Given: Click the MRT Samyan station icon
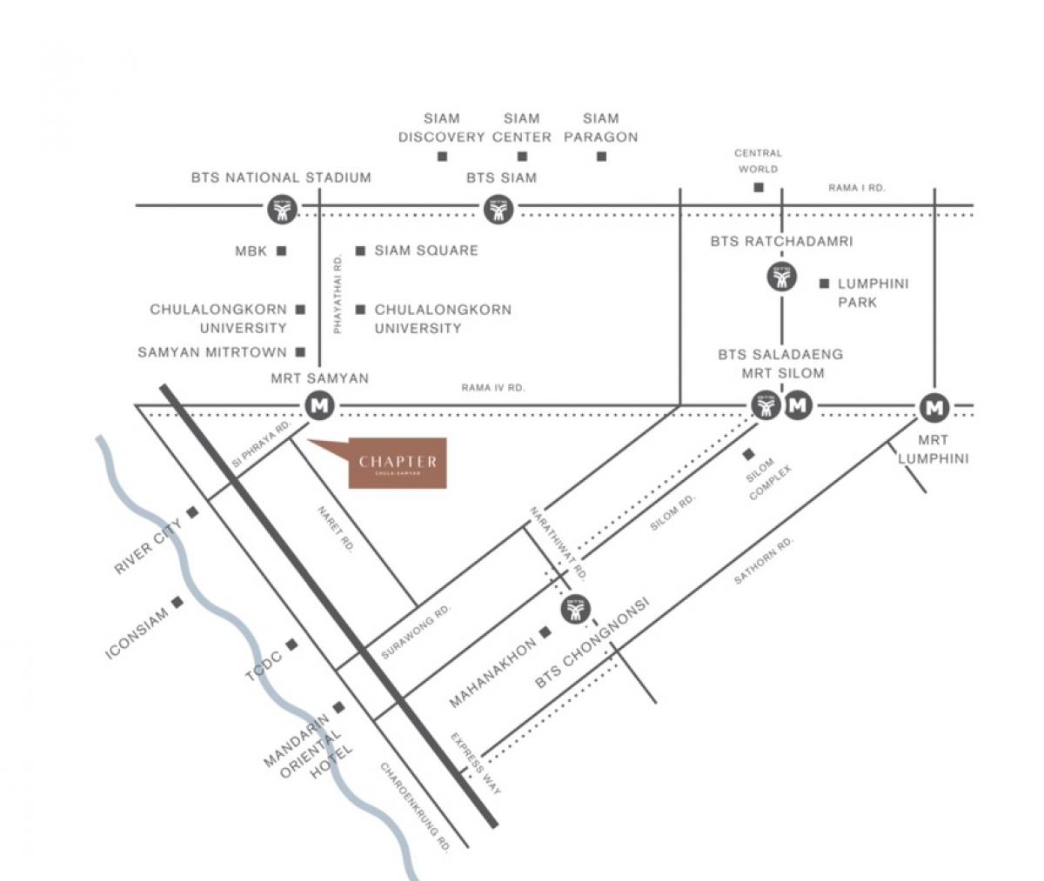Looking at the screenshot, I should point(320,405).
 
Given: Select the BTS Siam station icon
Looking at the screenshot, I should point(499,209).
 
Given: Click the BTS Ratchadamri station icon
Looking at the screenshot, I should point(781,277).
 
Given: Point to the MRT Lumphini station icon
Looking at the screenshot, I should point(934,406).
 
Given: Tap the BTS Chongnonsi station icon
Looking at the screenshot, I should point(575,610).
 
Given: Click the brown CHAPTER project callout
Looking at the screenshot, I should point(397,463).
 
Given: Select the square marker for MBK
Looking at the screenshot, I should point(281,250).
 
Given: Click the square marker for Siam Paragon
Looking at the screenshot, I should point(601,157).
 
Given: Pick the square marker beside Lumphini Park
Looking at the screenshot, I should point(824,284).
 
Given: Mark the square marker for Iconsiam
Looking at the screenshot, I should point(178,601).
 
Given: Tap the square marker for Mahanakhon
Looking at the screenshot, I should point(545,631).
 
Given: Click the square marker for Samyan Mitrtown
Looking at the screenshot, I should point(300,352).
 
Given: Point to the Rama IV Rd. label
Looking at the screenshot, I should point(493,388).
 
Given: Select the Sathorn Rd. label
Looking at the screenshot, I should point(764,561).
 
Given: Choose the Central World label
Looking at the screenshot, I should point(758,161).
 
